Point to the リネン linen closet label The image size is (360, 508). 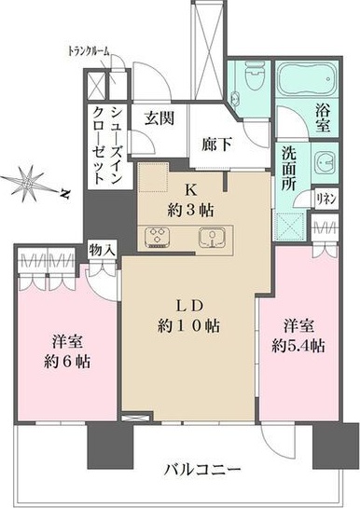coord(327,197)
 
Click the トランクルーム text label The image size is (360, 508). coord(90,50)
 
